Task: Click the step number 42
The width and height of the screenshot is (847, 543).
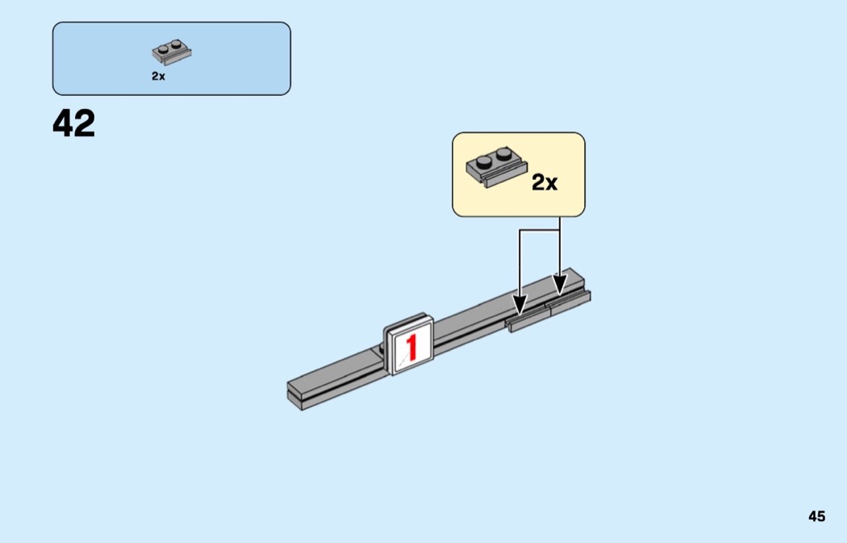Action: (x=73, y=124)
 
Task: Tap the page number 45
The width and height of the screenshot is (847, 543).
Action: (x=816, y=516)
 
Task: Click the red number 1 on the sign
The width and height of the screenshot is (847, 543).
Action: (x=411, y=347)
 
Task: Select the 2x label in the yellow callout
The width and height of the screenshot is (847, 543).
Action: (x=544, y=183)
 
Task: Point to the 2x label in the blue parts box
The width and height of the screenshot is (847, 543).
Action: (x=158, y=77)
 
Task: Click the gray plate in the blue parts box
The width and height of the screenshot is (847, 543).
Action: (x=172, y=54)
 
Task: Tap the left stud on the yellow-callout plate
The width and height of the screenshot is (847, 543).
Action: (x=484, y=159)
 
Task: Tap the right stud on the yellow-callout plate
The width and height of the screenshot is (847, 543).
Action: (x=503, y=153)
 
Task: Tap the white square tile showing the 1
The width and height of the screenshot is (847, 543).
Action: (x=409, y=345)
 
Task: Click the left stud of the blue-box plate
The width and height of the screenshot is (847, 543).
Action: (x=163, y=49)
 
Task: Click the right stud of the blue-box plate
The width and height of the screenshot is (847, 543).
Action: (x=177, y=45)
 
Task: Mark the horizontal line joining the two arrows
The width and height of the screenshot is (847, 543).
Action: (x=539, y=230)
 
